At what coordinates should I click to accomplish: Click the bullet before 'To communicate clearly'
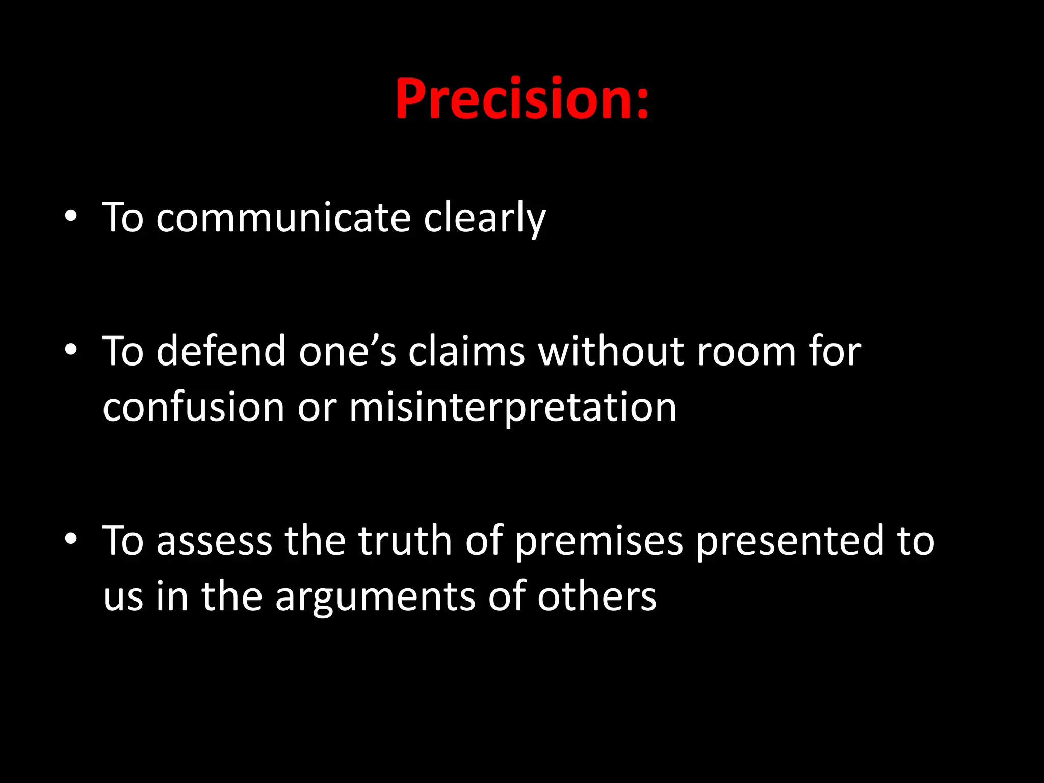(x=71, y=216)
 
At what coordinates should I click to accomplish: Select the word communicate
(x=283, y=218)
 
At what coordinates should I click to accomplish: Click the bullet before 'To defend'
(x=71, y=350)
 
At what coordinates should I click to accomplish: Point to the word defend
(x=220, y=352)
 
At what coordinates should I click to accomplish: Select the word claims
(x=466, y=352)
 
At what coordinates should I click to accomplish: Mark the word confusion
(x=193, y=408)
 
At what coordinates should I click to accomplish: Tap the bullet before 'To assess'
(x=71, y=539)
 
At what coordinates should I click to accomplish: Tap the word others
(x=596, y=596)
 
